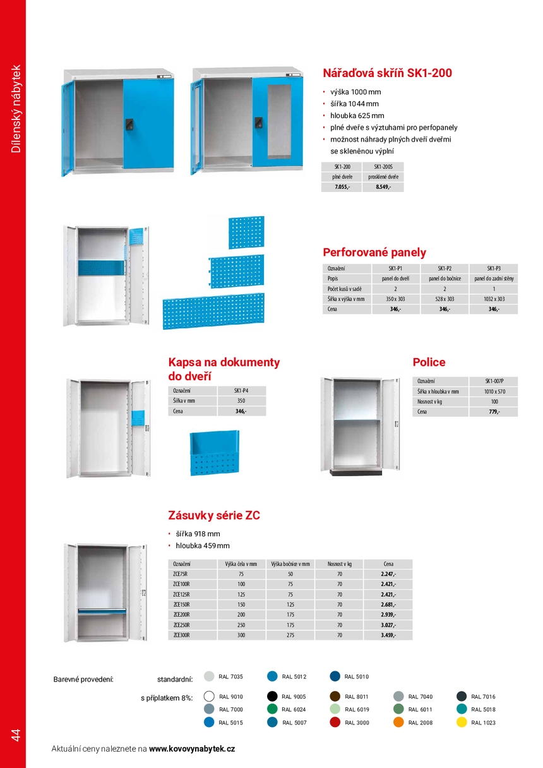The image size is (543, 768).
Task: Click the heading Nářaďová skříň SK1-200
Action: pyautogui.click(x=387, y=73)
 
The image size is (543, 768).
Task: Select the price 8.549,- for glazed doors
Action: pyautogui.click(x=383, y=187)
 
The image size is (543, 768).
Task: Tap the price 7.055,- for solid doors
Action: pyautogui.click(x=342, y=187)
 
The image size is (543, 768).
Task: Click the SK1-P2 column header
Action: pyautogui.click(x=445, y=268)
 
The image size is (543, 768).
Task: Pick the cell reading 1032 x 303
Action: pyautogui.click(x=494, y=299)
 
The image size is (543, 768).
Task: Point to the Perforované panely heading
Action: pyautogui.click(x=374, y=253)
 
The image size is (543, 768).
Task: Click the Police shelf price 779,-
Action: pyautogui.click(x=493, y=412)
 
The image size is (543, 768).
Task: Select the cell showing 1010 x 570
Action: pyautogui.click(x=493, y=392)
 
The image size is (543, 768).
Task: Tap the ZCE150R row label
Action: pyautogui.click(x=181, y=604)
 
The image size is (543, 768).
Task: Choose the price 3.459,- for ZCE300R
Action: pyautogui.click(x=388, y=635)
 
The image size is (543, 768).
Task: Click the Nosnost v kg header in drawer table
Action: pyautogui.click(x=339, y=564)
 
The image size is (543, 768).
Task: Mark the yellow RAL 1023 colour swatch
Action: pyautogui.click(x=462, y=723)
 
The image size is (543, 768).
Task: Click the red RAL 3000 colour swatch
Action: pyautogui.click(x=335, y=723)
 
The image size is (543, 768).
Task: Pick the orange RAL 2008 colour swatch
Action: pyautogui.click(x=398, y=723)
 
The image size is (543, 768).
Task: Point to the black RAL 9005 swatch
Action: pyautogui.click(x=272, y=697)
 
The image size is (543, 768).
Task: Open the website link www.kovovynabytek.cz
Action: pyautogui.click(x=192, y=748)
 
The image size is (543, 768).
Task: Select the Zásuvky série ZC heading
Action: pyautogui.click(x=214, y=515)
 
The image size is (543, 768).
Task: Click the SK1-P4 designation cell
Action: pyautogui.click(x=241, y=390)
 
